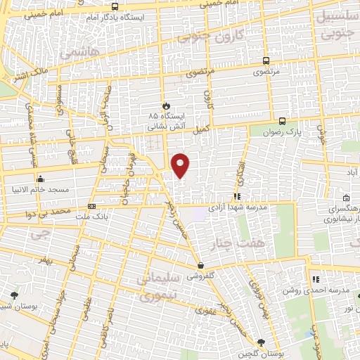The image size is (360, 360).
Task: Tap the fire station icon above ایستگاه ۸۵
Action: (166, 105)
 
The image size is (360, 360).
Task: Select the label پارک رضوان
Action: (305, 131)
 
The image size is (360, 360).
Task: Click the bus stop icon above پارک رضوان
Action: (282, 120)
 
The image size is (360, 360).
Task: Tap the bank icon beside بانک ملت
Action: (92, 207)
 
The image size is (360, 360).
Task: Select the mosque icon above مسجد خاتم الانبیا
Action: (41, 179)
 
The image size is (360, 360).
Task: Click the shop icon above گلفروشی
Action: (202, 266)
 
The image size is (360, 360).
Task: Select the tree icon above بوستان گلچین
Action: (262, 342)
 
